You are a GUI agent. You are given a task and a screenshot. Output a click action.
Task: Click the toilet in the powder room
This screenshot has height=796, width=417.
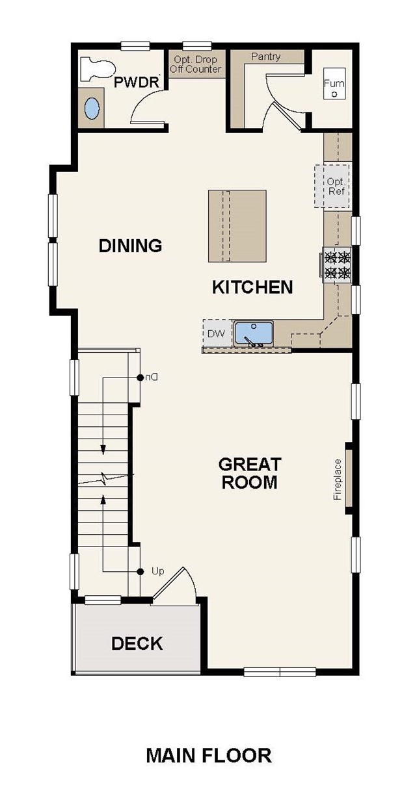[97, 69]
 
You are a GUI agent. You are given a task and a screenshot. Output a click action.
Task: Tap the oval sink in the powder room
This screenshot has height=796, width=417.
[92, 109]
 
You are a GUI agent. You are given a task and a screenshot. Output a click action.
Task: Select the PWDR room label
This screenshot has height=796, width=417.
[136, 83]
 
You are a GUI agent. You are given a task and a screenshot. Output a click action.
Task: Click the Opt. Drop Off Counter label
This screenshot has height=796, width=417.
[196, 64]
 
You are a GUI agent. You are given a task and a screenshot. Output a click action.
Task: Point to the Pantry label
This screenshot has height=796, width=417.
[266, 57]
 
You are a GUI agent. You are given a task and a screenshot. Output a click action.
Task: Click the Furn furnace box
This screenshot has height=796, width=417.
[334, 84]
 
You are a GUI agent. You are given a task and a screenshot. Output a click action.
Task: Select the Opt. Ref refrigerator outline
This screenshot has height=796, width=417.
[332, 186]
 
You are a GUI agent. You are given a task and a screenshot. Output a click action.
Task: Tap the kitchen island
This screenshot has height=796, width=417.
[237, 226]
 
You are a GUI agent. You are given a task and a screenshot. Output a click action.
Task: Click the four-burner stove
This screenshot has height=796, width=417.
[336, 265]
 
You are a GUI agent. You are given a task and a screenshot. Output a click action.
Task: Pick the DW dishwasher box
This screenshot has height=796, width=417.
[217, 333]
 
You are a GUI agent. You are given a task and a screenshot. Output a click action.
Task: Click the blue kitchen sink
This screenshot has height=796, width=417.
[254, 333]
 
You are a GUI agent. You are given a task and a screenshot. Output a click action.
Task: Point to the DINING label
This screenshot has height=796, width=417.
[130, 246]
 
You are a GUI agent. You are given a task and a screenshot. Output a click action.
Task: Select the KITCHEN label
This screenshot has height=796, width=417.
[252, 287]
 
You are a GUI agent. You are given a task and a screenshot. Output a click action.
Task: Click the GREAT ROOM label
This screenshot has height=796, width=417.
[250, 473]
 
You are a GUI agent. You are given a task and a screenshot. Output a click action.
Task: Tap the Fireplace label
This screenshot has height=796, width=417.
[337, 480]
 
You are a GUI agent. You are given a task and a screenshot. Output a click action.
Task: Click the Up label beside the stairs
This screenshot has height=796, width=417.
[158, 571]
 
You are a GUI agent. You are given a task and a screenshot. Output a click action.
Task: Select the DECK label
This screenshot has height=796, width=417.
[137, 643]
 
